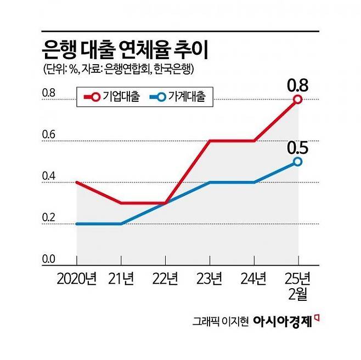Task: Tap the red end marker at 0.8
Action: tap(297, 99)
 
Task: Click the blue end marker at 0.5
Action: tap(297, 162)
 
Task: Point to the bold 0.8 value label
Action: tap(297, 85)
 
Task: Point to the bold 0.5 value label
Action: tap(297, 148)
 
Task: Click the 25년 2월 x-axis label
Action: tap(297, 288)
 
